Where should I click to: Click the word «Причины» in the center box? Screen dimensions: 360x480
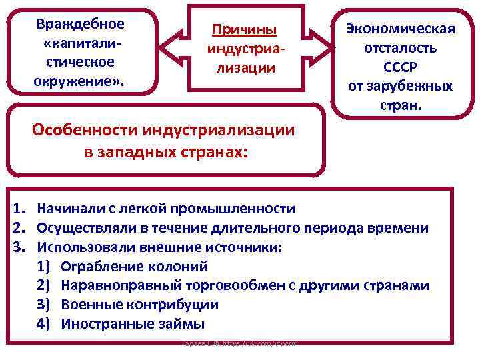coord(243,31)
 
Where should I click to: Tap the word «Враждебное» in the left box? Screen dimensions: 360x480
coord(81,24)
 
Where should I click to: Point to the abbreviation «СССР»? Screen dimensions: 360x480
coord(399,67)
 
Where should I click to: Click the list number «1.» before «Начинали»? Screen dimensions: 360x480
coord(21,209)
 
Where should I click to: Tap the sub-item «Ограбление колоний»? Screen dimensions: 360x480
coord(134,267)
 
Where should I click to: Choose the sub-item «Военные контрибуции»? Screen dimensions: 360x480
coord(139,305)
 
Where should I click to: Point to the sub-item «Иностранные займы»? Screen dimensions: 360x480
coord(133,324)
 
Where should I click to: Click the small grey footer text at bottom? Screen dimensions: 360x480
coord(239,343)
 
